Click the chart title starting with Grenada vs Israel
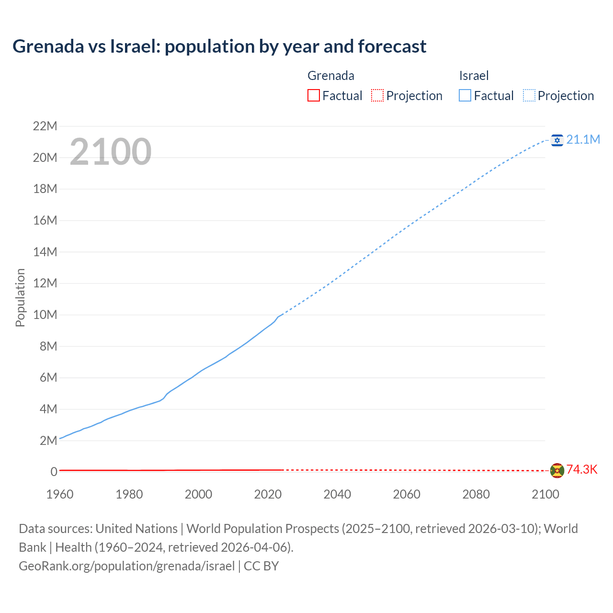coord(219,46)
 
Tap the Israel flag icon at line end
coord(557,140)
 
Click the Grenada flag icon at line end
coord(557,470)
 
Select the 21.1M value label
coord(583,139)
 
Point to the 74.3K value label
coord(582,469)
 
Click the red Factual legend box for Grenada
coord(314,96)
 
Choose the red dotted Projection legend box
coord(377,96)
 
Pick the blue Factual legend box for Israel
coord(465,96)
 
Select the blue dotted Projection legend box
coord(529,96)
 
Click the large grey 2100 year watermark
coord(111,152)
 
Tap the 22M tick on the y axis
coord(45,126)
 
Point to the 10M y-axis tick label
coord(45,315)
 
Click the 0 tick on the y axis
coord(54,472)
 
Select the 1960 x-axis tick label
coord(60,494)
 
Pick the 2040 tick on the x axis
coord(337,494)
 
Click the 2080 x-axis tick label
coord(476,494)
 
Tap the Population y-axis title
coord(20,297)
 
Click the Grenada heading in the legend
coord(331,76)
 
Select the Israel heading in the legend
coord(474,76)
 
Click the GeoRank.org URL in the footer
coord(127,566)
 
